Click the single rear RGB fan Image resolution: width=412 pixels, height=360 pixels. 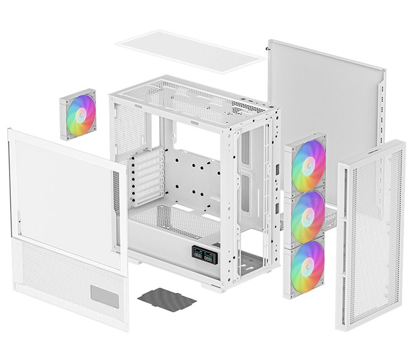pyautogui.click(x=78, y=114)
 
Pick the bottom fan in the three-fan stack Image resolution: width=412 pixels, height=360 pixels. pyautogui.click(x=307, y=267)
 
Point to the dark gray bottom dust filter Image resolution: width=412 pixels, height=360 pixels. pyautogui.click(x=166, y=299)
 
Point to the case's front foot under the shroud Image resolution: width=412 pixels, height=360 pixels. pyautogui.click(x=213, y=287)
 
